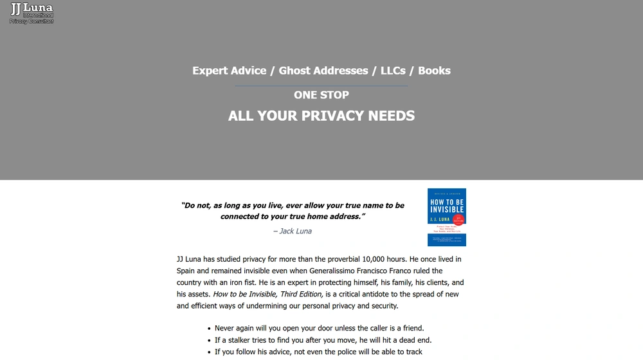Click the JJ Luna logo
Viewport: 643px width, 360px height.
point(31,12)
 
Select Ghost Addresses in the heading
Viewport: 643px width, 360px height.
point(323,71)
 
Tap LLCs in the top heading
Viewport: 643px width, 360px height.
point(393,71)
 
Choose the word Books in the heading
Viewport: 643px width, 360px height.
point(434,71)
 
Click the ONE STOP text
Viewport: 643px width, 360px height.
point(321,95)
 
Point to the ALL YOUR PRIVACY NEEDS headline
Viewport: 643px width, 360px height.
point(321,116)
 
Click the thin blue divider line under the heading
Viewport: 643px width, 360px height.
point(321,85)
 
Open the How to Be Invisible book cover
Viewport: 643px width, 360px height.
point(447,217)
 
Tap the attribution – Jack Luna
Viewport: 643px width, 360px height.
point(293,231)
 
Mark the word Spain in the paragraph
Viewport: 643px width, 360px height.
point(186,271)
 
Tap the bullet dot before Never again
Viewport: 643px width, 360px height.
point(209,328)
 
